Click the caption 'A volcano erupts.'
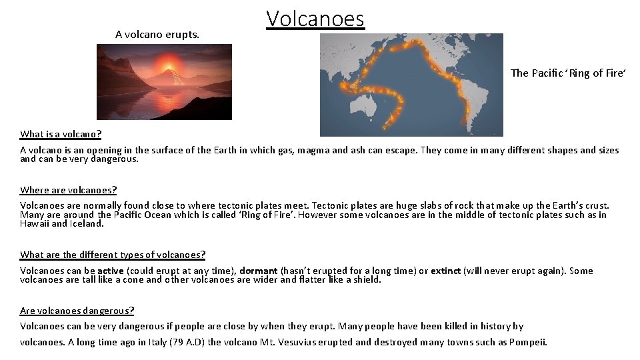pyautogui.click(x=157, y=35)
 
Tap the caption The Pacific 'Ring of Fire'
pyautogui.click(x=568, y=73)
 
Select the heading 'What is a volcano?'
pyautogui.click(x=61, y=134)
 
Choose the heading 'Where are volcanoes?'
pyautogui.click(x=69, y=190)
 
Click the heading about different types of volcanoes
pyautogui.click(x=113, y=255)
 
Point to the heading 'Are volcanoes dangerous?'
pyautogui.click(x=77, y=311)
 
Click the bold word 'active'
pyautogui.click(x=111, y=271)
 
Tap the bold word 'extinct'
pyautogui.click(x=446, y=271)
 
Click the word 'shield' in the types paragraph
pyautogui.click(x=365, y=280)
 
